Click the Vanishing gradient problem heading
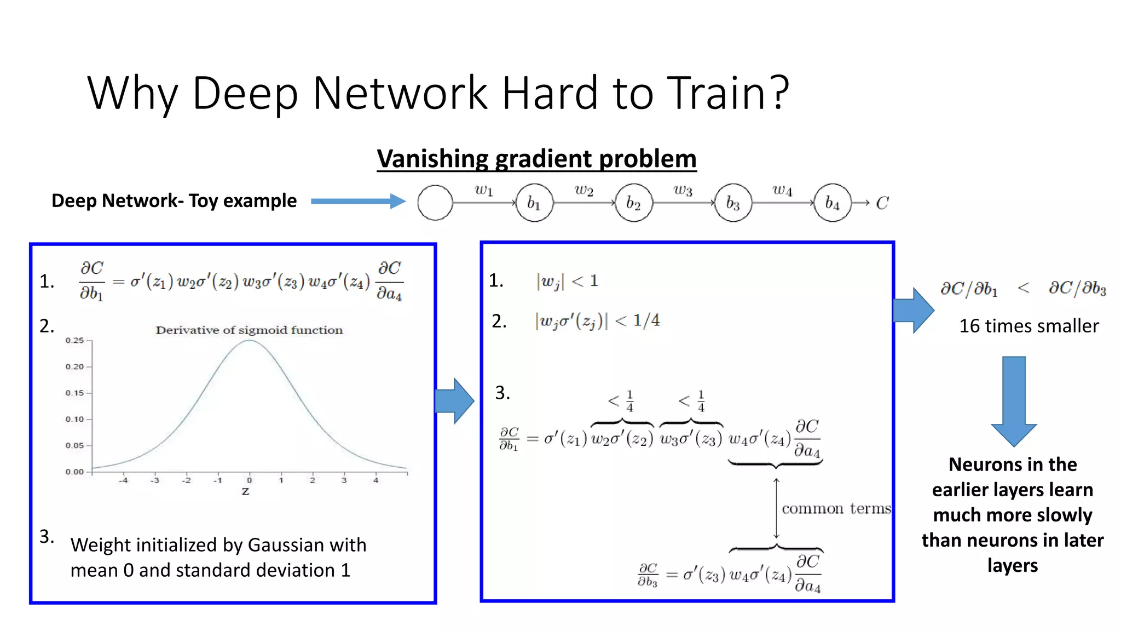click(536, 159)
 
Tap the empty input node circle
click(435, 203)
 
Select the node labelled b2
click(633, 203)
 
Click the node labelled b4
click(832, 203)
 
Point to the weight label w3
click(683, 190)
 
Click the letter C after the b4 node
click(882, 203)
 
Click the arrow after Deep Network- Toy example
click(359, 201)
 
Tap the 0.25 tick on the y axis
click(75, 341)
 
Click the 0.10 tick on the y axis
click(75, 420)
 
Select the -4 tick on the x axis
click(124, 480)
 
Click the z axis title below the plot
click(245, 491)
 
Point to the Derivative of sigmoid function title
click(249, 330)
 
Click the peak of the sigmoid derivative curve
click(249, 341)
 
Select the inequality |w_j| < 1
click(567, 282)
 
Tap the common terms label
click(836, 509)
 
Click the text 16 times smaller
click(1028, 326)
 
